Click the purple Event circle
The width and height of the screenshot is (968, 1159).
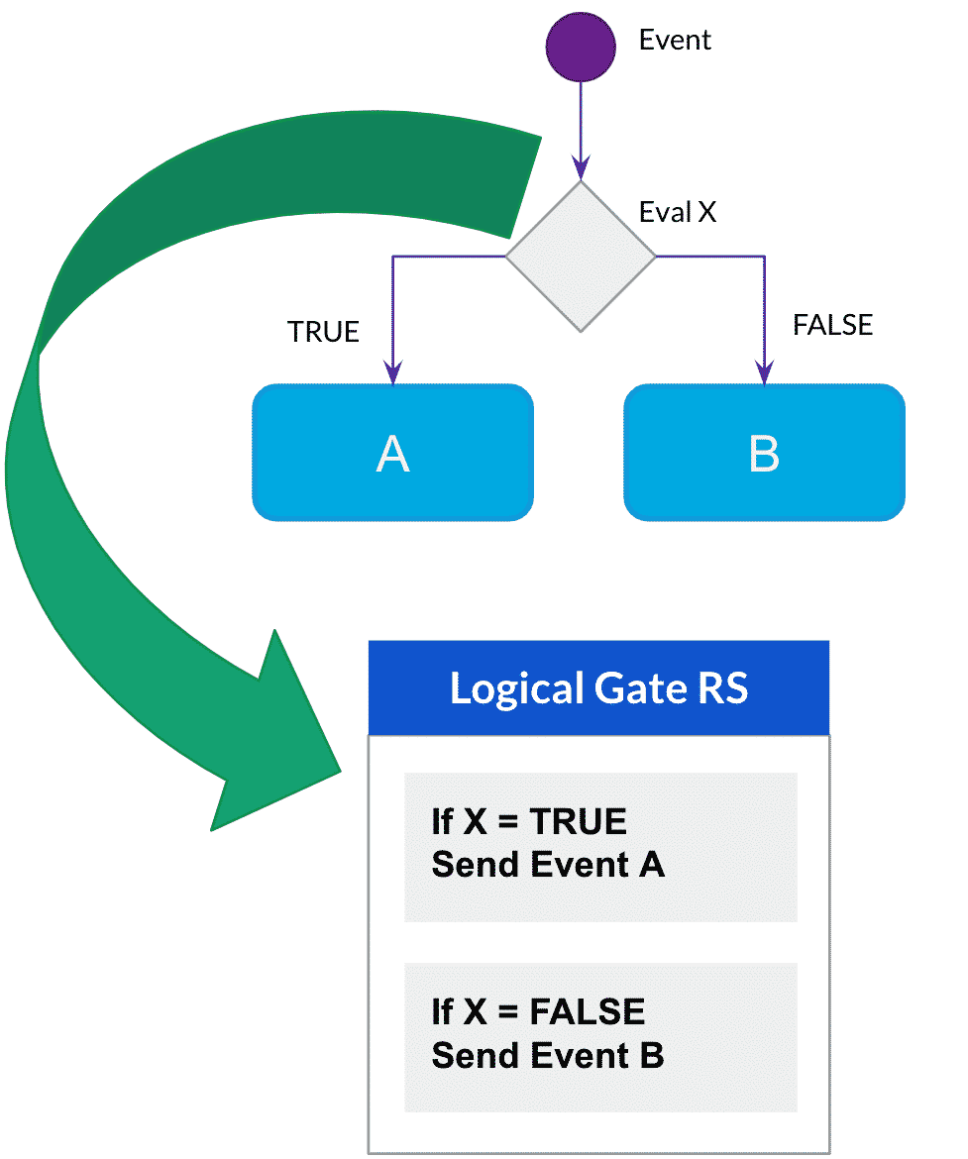581,47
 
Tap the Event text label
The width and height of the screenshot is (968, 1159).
675,41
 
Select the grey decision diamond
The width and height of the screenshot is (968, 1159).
581,256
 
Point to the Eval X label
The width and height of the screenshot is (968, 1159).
678,212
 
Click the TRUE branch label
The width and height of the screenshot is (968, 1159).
323,332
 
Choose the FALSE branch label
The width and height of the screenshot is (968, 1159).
832,325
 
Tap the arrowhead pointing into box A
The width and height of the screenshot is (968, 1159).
393,372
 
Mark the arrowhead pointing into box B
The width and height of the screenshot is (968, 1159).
764,372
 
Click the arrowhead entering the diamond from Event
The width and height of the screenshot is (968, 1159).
581,166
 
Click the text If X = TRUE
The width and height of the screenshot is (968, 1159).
529,821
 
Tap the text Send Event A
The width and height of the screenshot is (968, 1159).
548,865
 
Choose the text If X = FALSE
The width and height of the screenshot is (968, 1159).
538,1011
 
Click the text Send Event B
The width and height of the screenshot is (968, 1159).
548,1055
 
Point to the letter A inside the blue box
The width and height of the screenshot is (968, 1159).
393,454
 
